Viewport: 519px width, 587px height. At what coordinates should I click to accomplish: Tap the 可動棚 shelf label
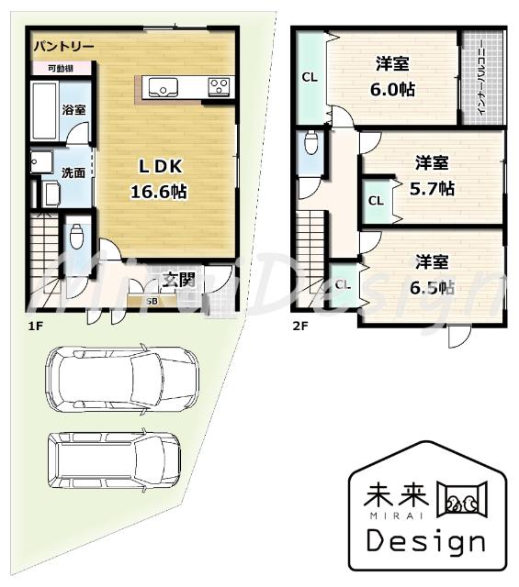coord(49,67)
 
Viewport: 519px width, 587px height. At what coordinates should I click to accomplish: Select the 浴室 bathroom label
coord(74,109)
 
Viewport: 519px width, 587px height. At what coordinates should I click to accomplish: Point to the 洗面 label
coord(74,172)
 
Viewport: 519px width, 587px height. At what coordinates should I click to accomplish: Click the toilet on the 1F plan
coord(76,235)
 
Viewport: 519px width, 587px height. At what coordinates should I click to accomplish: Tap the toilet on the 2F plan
coord(311,144)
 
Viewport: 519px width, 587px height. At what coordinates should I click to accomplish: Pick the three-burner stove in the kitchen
coord(220,87)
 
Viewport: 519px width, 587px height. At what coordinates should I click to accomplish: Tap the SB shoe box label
coord(151,300)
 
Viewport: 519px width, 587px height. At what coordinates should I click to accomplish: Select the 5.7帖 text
coord(432,187)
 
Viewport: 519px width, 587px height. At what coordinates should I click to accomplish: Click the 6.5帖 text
coord(432,285)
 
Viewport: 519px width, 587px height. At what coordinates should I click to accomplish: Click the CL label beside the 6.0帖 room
coord(310,77)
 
